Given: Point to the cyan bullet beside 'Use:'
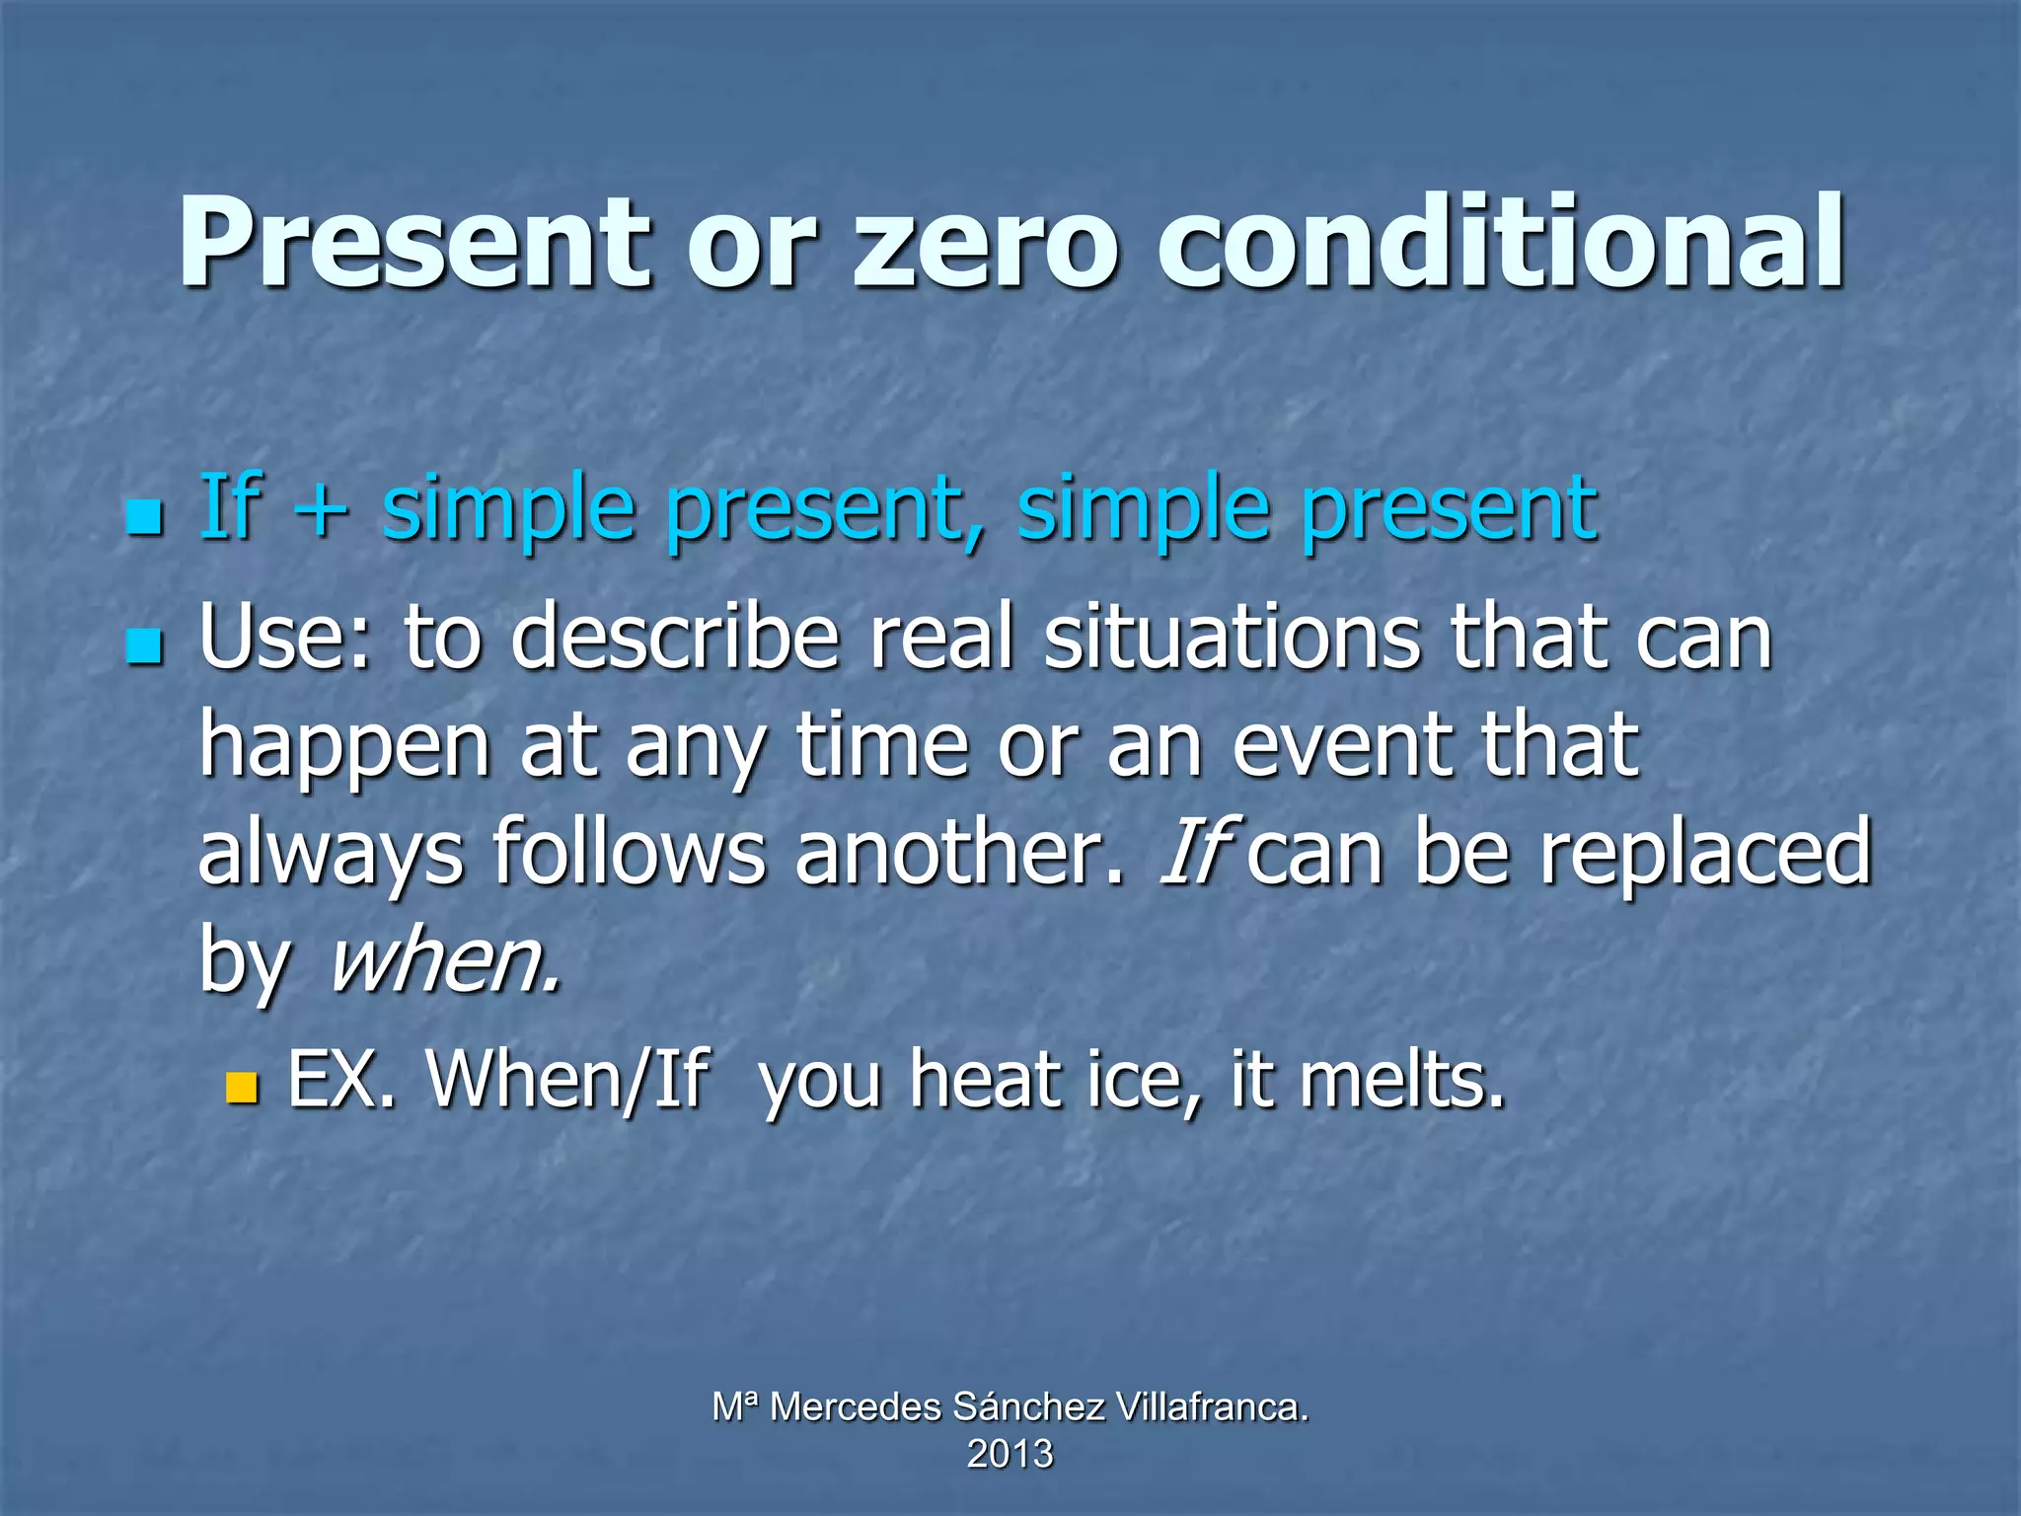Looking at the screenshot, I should click(144, 646).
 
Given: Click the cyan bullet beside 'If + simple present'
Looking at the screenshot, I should click(144, 516).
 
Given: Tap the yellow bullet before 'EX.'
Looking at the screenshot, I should click(241, 1088).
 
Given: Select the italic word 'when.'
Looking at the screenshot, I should click(446, 959).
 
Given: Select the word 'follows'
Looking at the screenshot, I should click(629, 851).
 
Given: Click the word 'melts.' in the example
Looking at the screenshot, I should click(1402, 1081).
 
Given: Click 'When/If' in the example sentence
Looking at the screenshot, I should click(567, 1081).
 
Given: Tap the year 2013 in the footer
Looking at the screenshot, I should click(1010, 1454).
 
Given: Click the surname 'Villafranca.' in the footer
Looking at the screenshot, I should click(1213, 1406).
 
